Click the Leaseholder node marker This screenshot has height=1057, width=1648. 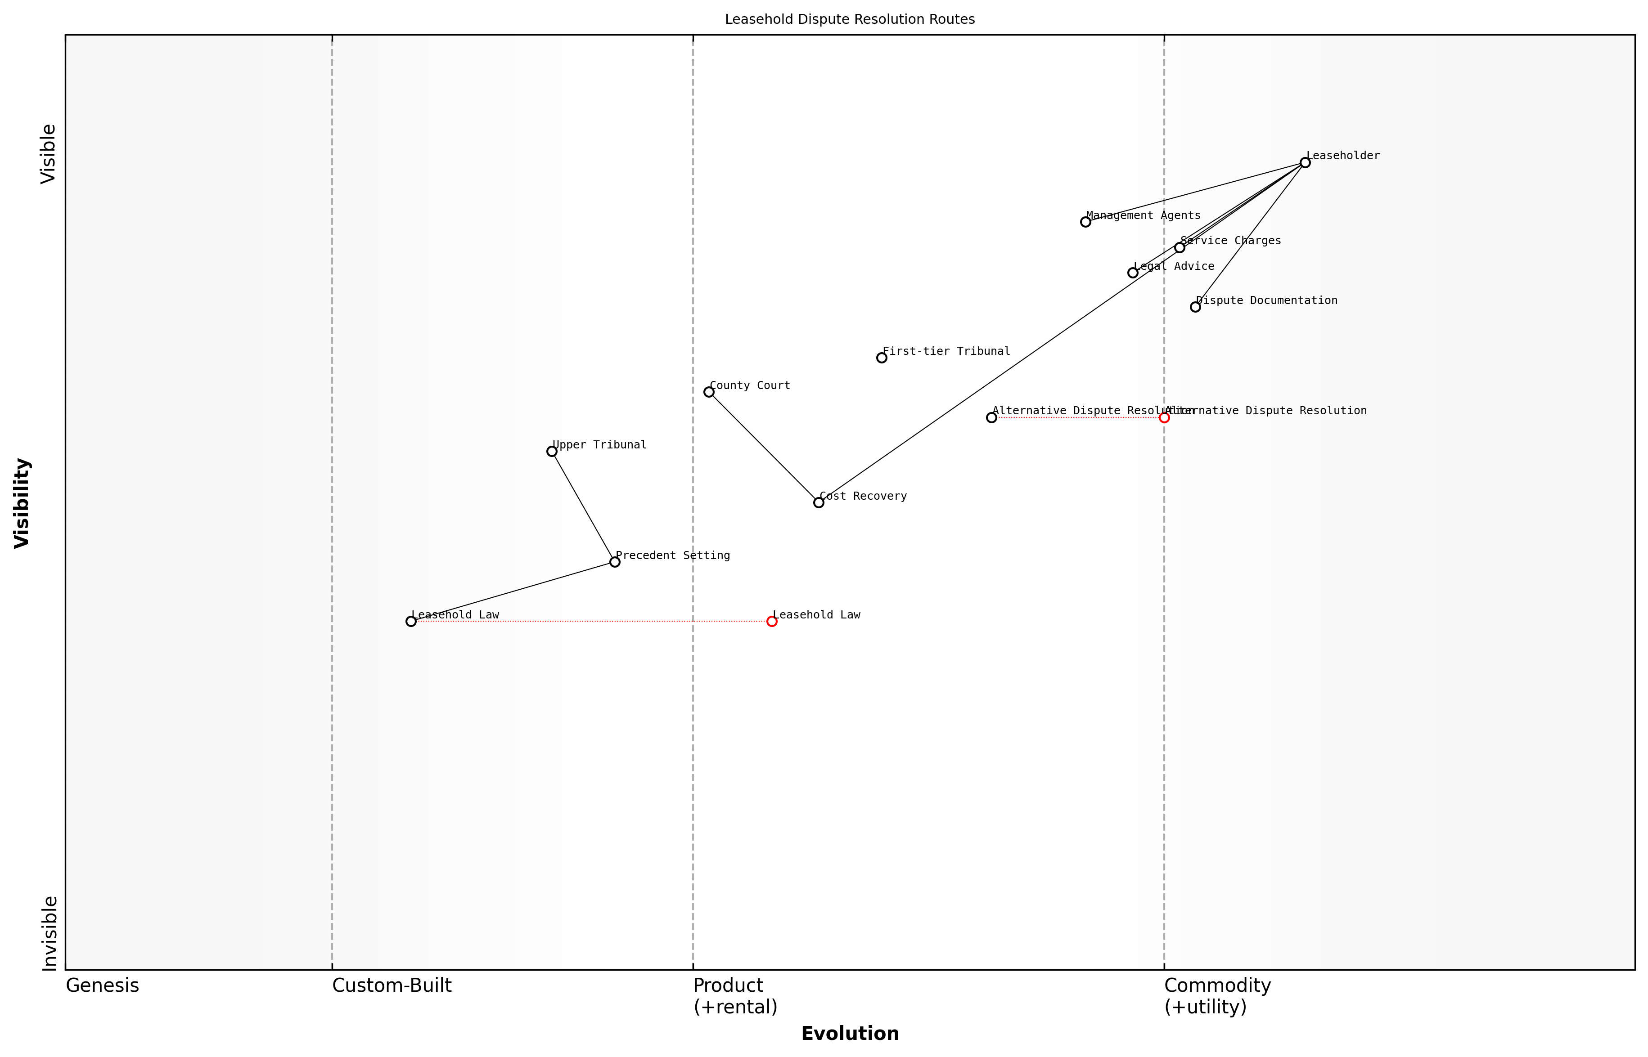(x=1305, y=163)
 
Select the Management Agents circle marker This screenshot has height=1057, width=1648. (x=1085, y=222)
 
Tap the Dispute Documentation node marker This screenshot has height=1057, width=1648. (x=1195, y=307)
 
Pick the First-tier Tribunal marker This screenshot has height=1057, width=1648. (x=881, y=358)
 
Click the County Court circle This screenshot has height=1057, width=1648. (x=709, y=392)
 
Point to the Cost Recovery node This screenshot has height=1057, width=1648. (x=819, y=502)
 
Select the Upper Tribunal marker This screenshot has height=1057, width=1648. (x=551, y=451)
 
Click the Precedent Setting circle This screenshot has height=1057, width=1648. (x=615, y=562)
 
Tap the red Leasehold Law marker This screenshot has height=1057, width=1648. (x=772, y=621)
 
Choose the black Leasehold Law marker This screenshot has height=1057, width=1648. (x=410, y=621)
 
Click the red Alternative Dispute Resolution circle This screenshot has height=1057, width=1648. (x=1164, y=417)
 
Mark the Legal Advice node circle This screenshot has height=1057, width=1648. (x=1132, y=273)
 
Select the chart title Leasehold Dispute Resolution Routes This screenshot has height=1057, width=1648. (x=849, y=19)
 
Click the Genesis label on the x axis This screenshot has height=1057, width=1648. (x=102, y=985)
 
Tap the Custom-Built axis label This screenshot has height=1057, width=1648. (x=392, y=985)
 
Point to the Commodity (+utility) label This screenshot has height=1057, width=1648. (x=1217, y=995)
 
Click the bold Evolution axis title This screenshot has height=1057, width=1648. (x=849, y=1033)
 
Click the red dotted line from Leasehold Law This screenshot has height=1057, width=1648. (x=590, y=621)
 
